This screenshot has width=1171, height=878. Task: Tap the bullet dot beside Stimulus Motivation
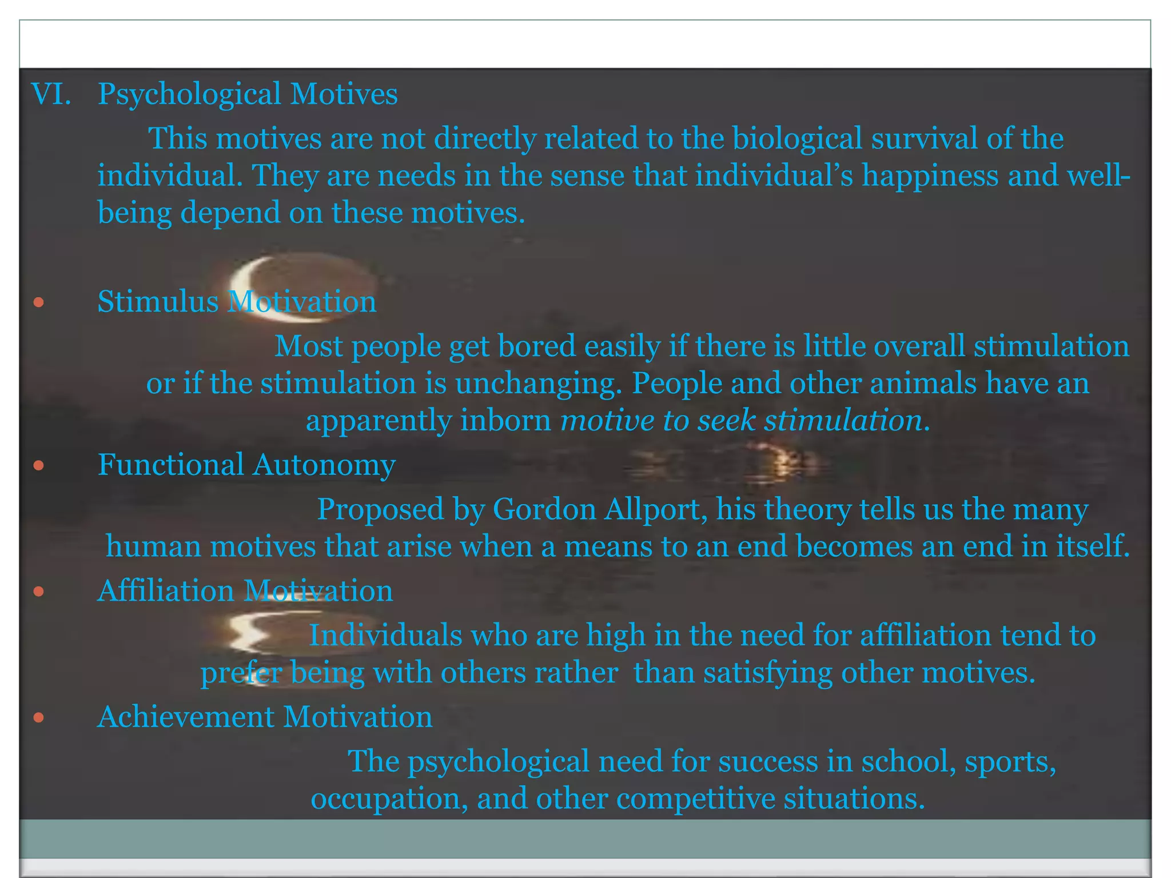tap(38, 302)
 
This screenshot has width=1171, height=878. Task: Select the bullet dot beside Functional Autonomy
tap(38, 465)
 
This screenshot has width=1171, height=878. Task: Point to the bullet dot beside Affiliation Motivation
tap(38, 591)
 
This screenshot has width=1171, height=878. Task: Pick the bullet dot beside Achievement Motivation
tap(38, 717)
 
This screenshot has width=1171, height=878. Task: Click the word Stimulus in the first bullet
tap(158, 302)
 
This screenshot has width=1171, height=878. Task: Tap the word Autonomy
tap(324, 465)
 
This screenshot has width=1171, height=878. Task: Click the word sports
tap(1010, 762)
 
